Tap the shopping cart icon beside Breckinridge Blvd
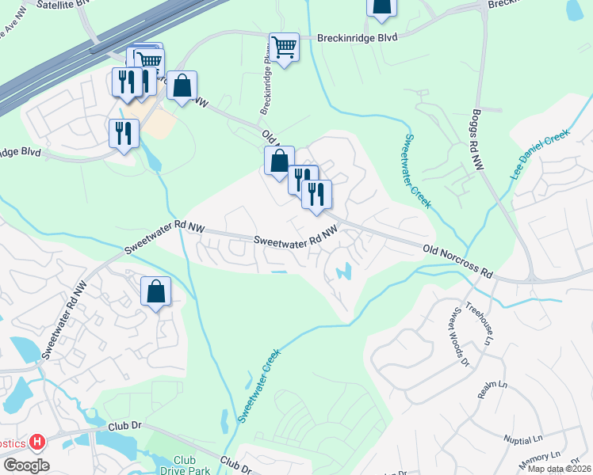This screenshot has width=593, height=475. point(283,47)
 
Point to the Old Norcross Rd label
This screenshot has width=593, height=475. point(458,262)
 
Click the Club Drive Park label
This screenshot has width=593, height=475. point(184,465)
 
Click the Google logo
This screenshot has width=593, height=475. point(26,465)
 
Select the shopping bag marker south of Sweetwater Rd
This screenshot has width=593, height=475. point(156,291)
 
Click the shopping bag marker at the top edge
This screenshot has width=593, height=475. point(381,6)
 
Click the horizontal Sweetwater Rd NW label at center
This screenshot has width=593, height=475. point(296,237)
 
